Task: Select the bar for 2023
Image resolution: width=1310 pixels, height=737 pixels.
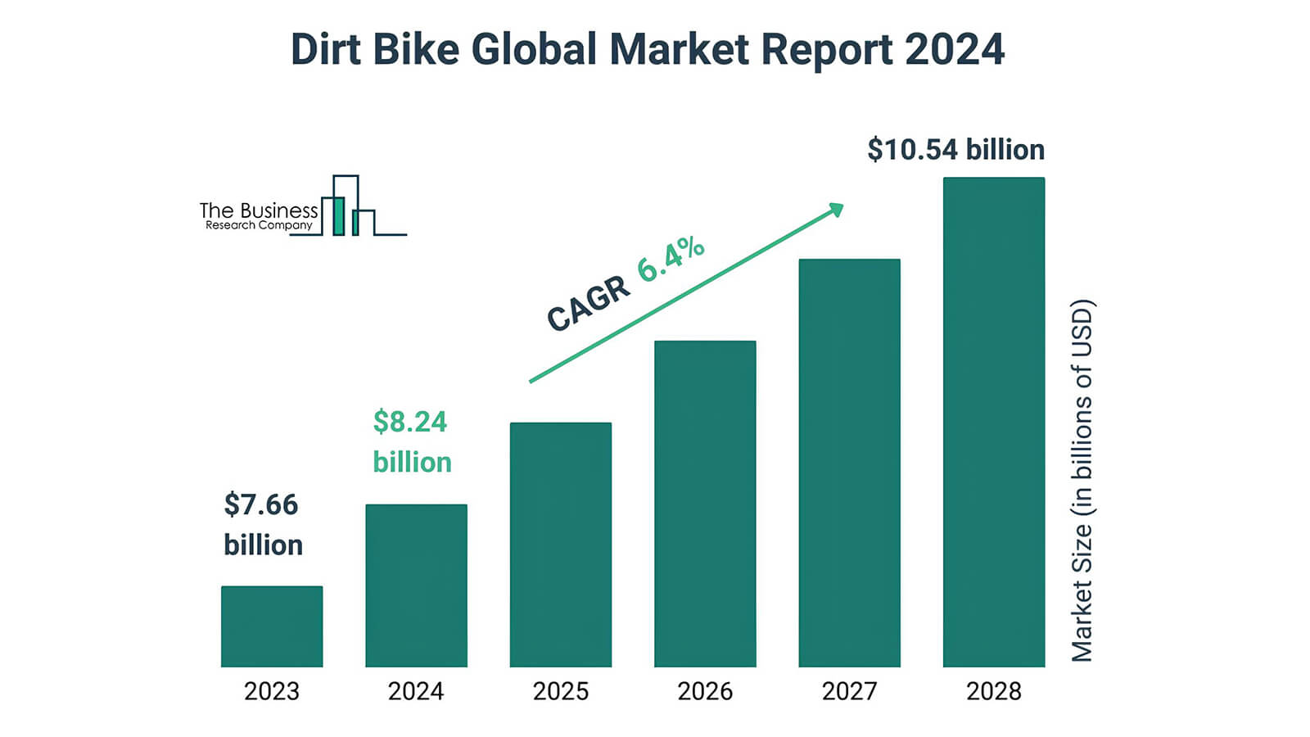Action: (x=272, y=626)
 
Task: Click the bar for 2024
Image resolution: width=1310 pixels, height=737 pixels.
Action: (x=416, y=586)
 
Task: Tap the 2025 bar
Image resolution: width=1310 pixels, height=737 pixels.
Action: (x=561, y=545)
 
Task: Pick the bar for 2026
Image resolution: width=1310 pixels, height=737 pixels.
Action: (x=705, y=504)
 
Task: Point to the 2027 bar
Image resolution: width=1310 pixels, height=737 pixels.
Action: (x=849, y=463)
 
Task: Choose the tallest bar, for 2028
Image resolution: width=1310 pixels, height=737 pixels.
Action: (x=994, y=422)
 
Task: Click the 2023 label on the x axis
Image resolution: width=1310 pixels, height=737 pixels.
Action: (x=272, y=692)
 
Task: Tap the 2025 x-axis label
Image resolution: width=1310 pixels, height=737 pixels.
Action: (x=561, y=692)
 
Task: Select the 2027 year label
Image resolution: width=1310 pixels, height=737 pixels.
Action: (x=849, y=692)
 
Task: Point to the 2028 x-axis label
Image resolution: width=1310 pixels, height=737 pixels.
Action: (x=994, y=692)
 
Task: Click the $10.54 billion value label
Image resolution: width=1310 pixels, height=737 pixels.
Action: (x=955, y=150)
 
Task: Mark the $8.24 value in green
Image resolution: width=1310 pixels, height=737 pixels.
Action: (x=410, y=423)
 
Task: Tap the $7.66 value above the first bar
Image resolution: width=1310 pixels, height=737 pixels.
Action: (x=261, y=505)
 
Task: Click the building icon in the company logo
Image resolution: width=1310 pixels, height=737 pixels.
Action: (x=347, y=207)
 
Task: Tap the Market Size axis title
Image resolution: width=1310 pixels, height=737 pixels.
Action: (x=1082, y=481)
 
